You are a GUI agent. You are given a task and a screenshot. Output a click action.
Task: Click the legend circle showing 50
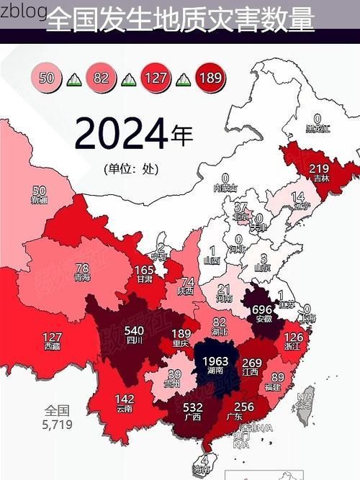(x=48, y=78)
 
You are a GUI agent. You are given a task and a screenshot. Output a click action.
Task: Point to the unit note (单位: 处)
(x=130, y=169)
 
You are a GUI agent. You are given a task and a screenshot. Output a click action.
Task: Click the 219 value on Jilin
(x=319, y=169)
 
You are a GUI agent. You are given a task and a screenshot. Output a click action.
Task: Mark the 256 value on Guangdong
(x=245, y=407)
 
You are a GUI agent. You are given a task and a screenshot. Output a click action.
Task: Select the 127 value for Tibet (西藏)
(x=52, y=337)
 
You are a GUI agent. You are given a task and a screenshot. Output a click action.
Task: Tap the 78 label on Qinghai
(x=82, y=268)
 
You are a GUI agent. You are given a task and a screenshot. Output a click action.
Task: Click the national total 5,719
(x=57, y=425)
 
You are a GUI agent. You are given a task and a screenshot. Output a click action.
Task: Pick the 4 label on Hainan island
(x=205, y=460)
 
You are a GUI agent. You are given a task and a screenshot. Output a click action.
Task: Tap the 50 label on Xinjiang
(x=40, y=191)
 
